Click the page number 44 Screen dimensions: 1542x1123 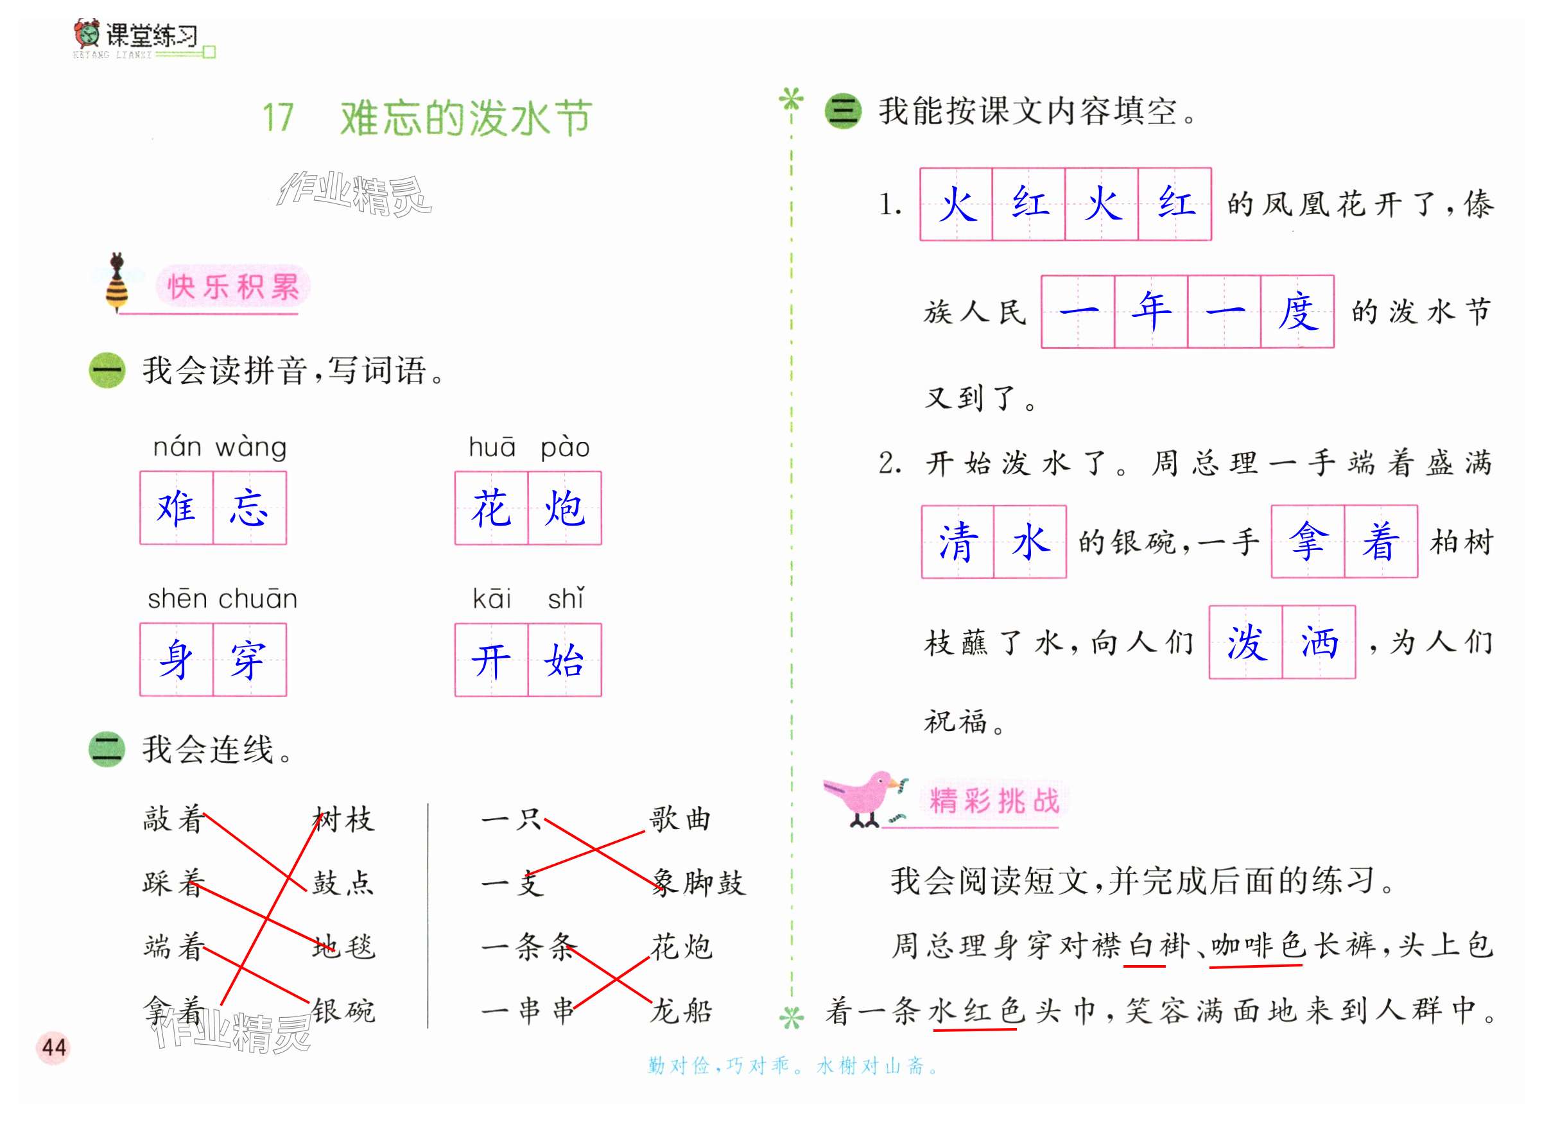pos(54,1047)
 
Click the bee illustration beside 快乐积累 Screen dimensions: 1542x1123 pos(117,282)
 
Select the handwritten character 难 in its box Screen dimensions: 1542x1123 pos(176,508)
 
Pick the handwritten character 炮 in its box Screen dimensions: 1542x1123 pos(564,508)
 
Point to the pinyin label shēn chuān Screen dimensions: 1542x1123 pos(222,599)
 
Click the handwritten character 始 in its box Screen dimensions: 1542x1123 pos(564,660)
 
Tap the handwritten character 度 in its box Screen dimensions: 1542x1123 pos(1297,312)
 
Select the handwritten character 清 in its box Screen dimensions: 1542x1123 pos(957,542)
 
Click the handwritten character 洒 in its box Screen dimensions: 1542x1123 pos(1319,642)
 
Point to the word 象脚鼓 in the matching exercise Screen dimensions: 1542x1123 pos(698,883)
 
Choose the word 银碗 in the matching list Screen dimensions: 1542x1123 pos(343,1011)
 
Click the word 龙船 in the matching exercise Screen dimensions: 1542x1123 pos(681,1011)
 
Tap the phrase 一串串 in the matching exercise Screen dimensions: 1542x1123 pos(528,1011)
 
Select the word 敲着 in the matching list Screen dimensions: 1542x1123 pos(173,819)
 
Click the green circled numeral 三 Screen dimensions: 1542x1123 pos(843,112)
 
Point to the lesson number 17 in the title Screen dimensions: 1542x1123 pos(278,117)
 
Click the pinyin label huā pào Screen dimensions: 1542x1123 pos(528,447)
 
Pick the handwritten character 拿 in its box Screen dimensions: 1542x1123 pos(1308,542)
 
